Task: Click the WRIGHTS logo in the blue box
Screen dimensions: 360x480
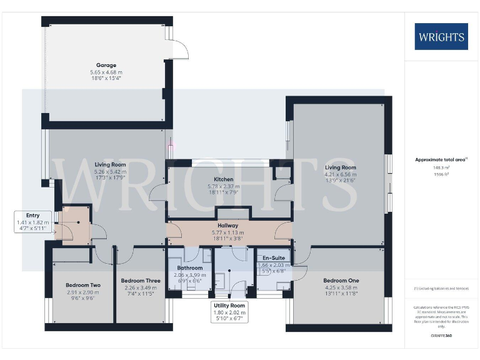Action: (x=441, y=36)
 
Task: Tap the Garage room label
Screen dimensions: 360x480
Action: (x=106, y=65)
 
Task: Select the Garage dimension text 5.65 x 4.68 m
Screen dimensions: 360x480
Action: (x=106, y=72)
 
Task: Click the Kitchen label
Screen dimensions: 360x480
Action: (x=223, y=179)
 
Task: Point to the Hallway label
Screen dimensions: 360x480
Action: (x=227, y=225)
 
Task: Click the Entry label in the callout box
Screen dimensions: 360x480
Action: (x=32, y=214)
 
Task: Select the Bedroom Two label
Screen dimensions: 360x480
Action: (x=83, y=285)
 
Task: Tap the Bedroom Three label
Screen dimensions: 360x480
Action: (x=141, y=281)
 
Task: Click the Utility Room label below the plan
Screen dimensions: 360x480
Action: (x=229, y=305)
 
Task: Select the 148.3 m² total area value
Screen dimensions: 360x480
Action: (x=441, y=167)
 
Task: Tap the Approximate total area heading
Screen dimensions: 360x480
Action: (x=441, y=159)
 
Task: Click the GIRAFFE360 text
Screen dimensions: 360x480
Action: (x=441, y=337)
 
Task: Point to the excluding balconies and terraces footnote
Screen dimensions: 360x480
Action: (x=441, y=289)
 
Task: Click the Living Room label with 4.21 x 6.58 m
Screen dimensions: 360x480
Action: (x=341, y=167)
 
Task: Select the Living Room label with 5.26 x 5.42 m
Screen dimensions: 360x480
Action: (x=110, y=164)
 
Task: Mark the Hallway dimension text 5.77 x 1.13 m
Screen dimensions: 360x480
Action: (x=227, y=232)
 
